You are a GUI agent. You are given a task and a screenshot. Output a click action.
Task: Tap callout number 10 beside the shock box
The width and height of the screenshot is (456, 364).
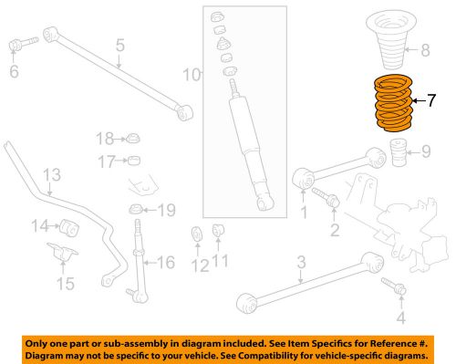pos(189,72)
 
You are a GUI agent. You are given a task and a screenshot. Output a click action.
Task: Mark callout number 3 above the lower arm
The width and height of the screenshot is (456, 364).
pos(300,265)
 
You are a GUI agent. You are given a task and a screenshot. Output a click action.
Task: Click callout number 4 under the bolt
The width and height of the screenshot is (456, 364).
pos(399,317)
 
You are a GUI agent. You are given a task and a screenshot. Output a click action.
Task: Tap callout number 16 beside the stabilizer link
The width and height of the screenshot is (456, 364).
pos(165,264)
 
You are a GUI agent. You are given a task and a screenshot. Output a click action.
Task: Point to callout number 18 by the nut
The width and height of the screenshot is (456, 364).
pos(106,139)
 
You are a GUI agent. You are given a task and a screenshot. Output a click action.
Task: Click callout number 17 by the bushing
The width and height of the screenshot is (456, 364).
pos(106,162)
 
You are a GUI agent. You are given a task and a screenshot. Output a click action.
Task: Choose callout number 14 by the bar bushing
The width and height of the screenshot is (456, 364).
pos(40,226)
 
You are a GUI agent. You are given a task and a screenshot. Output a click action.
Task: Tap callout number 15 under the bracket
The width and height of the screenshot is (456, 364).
pos(65,284)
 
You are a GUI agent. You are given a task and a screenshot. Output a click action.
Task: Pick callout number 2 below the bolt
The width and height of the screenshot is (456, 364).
pos(335,228)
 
